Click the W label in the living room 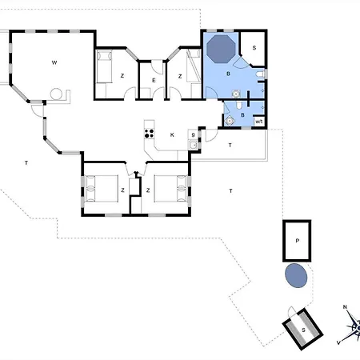click(x=54, y=62)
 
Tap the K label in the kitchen click(x=172, y=135)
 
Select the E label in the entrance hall click(x=154, y=80)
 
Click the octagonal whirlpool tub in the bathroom click(x=221, y=49)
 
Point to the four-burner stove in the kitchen click(x=149, y=134)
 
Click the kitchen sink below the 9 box click(x=193, y=145)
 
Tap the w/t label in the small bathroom click(x=259, y=122)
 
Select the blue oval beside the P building click(x=296, y=275)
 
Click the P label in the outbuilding click(x=298, y=241)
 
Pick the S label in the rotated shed click(x=303, y=330)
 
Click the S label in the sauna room click(x=254, y=48)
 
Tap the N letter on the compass click(x=345, y=307)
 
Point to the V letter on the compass click(x=338, y=342)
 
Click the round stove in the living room click(x=56, y=94)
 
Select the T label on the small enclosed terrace click(x=230, y=146)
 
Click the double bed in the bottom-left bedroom click(x=102, y=188)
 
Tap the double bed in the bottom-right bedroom click(x=170, y=188)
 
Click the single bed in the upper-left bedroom click(x=104, y=66)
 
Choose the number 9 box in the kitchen click(x=193, y=135)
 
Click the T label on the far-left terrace click(x=26, y=162)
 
